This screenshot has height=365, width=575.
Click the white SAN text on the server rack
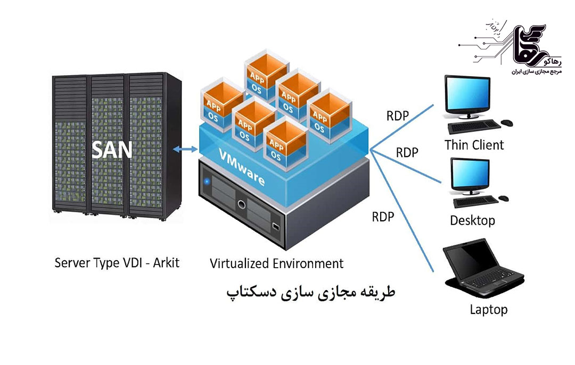tap(112, 150)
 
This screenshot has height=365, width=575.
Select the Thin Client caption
tap(474, 144)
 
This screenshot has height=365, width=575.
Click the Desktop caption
tap(472, 220)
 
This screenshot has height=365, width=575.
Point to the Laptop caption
tap(488, 309)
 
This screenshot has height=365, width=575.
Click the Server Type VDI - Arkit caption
tap(117, 263)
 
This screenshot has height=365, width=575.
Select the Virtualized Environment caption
tap(276, 263)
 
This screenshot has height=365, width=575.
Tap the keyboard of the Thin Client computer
tap(474, 126)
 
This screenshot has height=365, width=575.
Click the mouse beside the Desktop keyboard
tap(503, 198)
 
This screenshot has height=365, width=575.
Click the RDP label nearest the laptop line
tap(383, 217)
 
